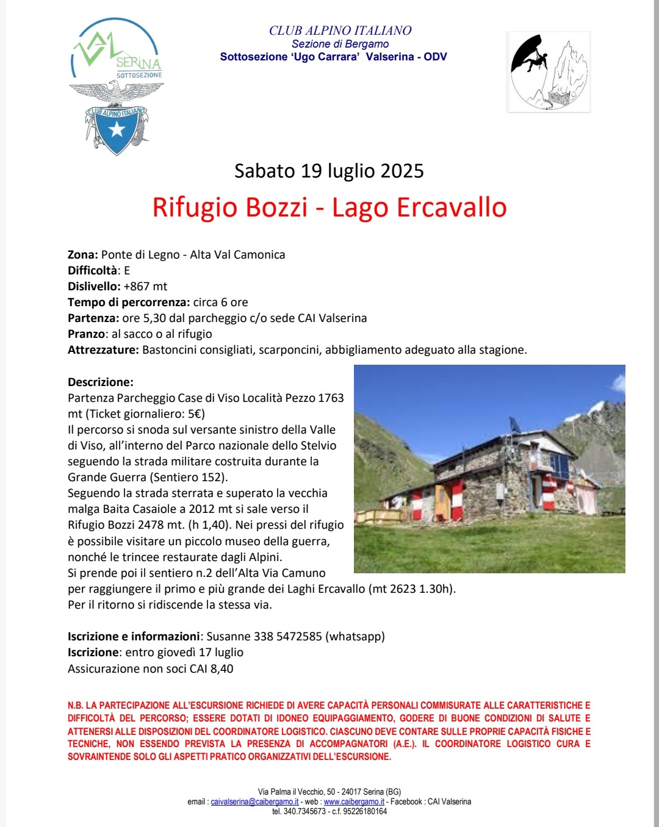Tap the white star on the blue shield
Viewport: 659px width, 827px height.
[117, 129]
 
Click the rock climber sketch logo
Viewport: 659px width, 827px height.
[549, 72]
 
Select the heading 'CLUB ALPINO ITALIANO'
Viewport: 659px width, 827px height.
[340, 30]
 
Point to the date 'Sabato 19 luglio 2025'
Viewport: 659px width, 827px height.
[329, 171]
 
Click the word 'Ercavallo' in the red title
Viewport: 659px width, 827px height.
[452, 207]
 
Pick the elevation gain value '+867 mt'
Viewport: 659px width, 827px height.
[145, 287]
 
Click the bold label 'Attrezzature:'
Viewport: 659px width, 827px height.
[103, 350]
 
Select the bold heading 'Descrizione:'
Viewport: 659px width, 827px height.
[100, 382]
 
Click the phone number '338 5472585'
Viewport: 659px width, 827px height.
[287, 637]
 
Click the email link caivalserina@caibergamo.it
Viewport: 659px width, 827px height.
[254, 802]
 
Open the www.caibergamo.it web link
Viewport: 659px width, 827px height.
[354, 802]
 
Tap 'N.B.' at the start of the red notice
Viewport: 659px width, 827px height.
[75, 705]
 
